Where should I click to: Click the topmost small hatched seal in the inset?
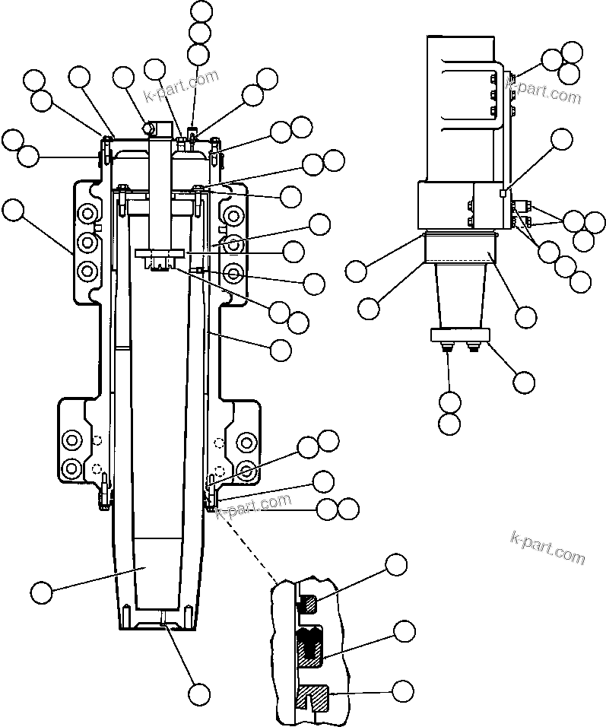(x=309, y=605)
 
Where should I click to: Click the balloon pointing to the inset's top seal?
(x=395, y=565)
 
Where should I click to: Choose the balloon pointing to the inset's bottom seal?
(x=402, y=690)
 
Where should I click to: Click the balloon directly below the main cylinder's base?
(x=199, y=693)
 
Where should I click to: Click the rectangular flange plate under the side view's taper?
(x=461, y=335)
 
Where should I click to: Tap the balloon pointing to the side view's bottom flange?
(x=524, y=381)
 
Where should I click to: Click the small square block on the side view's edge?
(x=503, y=194)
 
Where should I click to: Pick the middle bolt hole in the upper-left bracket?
(x=88, y=243)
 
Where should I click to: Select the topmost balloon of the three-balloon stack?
(x=201, y=11)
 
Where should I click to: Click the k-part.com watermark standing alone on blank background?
(x=547, y=548)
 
